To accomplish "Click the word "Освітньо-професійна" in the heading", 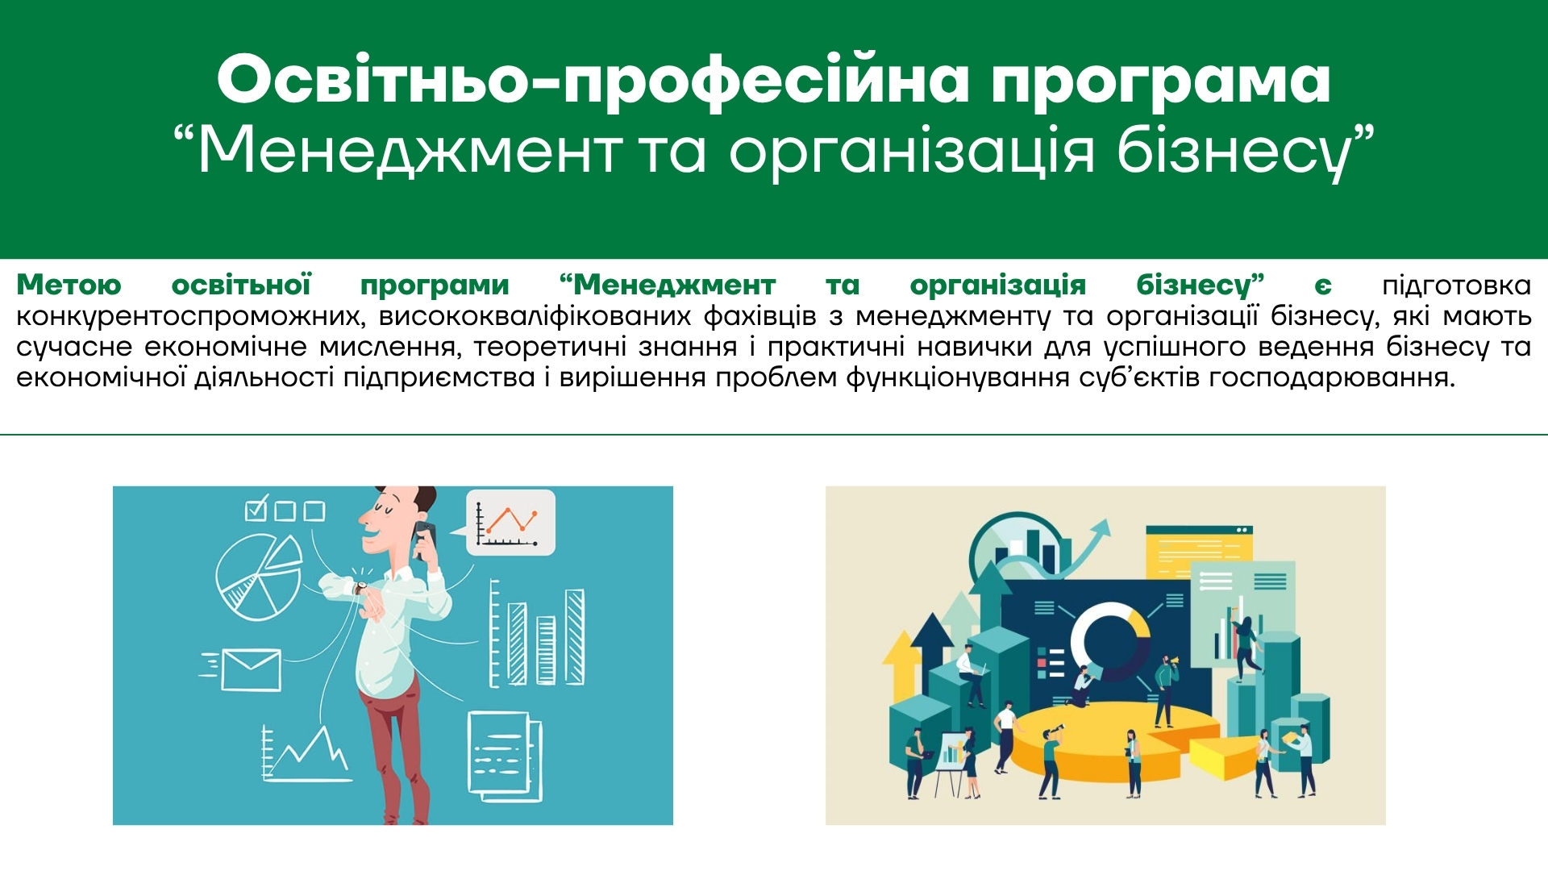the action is pyautogui.click(x=593, y=81).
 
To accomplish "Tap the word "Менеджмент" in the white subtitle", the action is pyautogui.click(x=410, y=151).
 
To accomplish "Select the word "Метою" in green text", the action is pyautogui.click(x=69, y=285).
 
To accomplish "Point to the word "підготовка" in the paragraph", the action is pyautogui.click(x=1456, y=285).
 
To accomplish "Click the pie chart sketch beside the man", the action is pyautogui.click(x=258, y=577).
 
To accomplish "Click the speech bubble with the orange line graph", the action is pyautogui.click(x=510, y=523).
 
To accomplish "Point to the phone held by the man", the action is pyautogui.click(x=424, y=540).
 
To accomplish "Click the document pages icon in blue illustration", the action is pyautogui.click(x=505, y=757).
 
